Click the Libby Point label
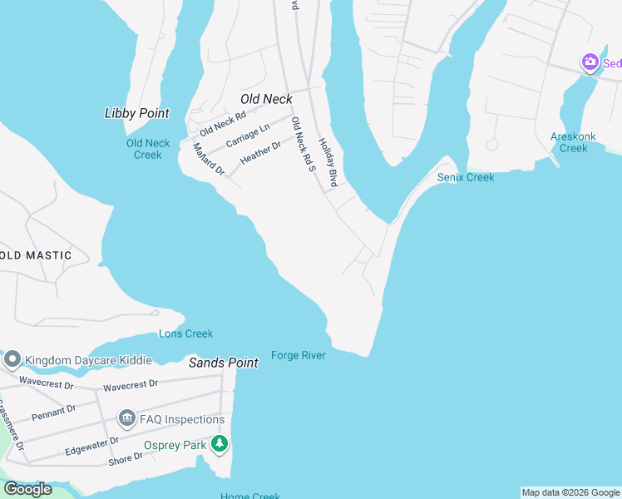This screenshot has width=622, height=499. [x=137, y=113]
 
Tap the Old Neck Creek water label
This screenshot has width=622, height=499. [x=148, y=149]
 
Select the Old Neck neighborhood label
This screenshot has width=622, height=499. [x=266, y=99]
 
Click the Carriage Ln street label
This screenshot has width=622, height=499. [x=249, y=135]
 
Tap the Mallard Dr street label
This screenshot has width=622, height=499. [x=209, y=159]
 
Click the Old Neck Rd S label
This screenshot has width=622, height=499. [x=303, y=144]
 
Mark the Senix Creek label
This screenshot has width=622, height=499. [x=466, y=177]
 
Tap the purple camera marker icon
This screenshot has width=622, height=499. [x=590, y=62]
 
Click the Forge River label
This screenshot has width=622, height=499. [x=298, y=355]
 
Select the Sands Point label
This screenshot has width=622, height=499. [x=223, y=363]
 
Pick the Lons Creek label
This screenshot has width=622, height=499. [x=185, y=333]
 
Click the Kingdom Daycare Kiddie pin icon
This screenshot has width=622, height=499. [x=12, y=359]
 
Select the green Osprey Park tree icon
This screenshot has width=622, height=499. [x=219, y=444]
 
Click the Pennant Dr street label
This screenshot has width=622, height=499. [x=53, y=411]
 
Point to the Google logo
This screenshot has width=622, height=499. [x=27, y=489]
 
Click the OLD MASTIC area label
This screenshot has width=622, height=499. [x=36, y=255]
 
